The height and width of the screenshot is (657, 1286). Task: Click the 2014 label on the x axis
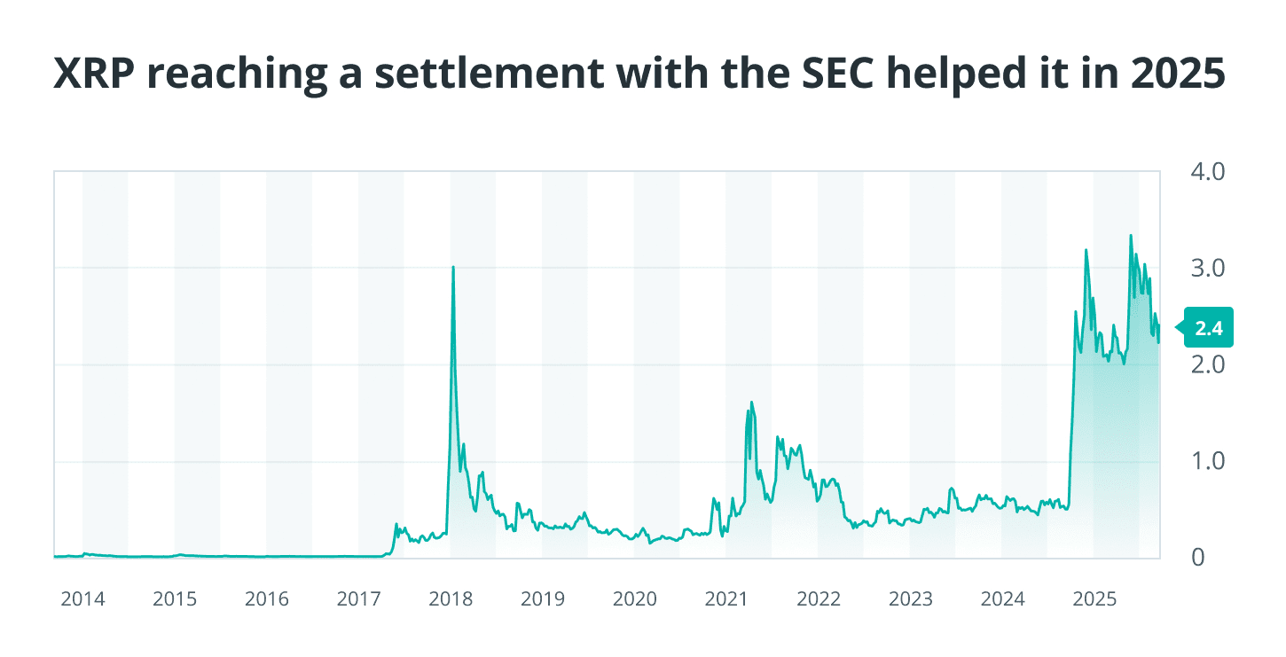82,599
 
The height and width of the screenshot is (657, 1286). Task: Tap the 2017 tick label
358,599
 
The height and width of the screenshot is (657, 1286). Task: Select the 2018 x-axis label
451,599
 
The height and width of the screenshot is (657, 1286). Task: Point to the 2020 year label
634,599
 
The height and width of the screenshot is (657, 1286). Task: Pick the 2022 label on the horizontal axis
819,599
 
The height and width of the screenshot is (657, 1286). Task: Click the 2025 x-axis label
1094,599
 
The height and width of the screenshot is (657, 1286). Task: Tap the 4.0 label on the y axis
1205,171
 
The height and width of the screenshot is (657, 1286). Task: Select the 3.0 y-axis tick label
1205,268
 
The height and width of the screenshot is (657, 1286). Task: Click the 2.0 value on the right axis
1205,364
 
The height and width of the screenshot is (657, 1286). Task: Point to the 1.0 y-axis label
1205,461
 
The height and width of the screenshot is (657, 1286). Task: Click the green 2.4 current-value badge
1208,329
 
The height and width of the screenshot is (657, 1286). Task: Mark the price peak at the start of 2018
453,267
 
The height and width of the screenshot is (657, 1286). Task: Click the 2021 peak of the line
752,403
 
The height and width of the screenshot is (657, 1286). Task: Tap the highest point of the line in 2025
1131,236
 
